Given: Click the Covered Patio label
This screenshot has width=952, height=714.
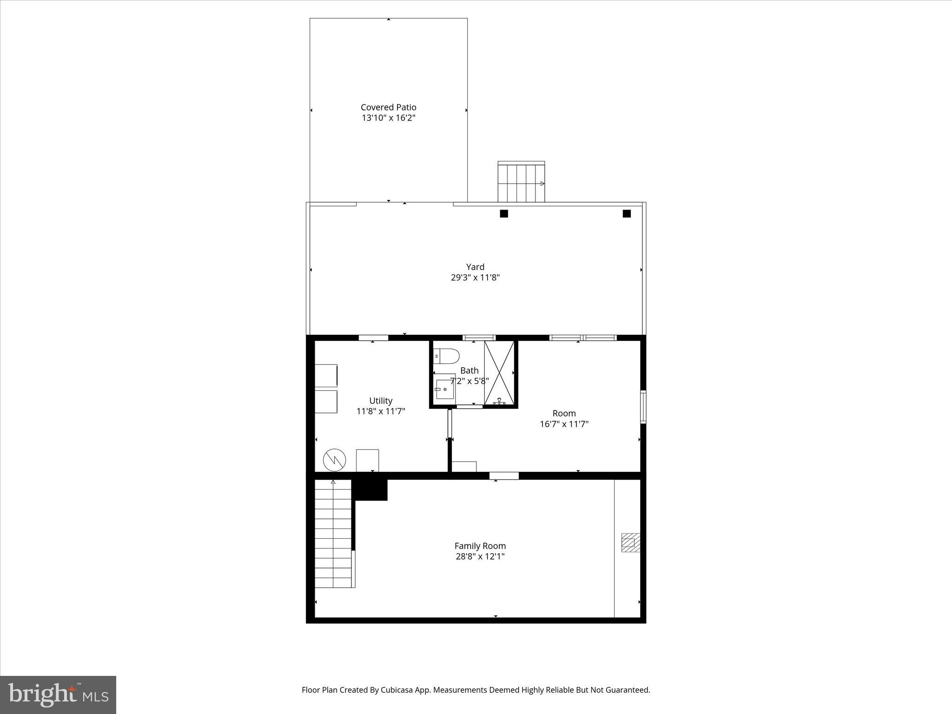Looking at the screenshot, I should pos(388,107).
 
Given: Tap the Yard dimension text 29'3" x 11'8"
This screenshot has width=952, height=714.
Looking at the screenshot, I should pos(475,278).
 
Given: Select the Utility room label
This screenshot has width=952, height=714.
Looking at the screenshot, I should pos(381,401).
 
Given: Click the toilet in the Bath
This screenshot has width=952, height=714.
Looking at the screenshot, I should pos(446,356).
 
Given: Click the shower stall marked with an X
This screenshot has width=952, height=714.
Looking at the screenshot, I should pos(499,372).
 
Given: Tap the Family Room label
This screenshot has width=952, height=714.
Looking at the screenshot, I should pos(480,546).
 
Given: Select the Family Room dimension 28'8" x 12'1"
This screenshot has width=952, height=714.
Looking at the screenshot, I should pos(480,556).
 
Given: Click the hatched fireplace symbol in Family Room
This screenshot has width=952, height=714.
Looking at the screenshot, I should pos(631,542).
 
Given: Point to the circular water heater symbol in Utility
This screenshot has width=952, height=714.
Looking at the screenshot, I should pos(335,460).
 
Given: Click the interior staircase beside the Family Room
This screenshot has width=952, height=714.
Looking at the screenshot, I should pos(333,535).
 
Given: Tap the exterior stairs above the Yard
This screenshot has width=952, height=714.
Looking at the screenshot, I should pos(521,183).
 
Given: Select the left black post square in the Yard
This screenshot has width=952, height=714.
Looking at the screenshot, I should pos(504,214).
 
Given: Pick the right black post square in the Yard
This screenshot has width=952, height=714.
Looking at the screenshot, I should pos(627,214).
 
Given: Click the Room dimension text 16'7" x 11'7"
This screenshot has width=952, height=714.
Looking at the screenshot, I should pos(564,424).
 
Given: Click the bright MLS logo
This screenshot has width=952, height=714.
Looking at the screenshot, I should pos(58,694).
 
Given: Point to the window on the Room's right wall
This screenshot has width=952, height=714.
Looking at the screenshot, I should pos(643,407).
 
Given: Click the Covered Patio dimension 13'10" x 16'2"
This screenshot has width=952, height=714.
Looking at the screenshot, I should pos(388,118).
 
